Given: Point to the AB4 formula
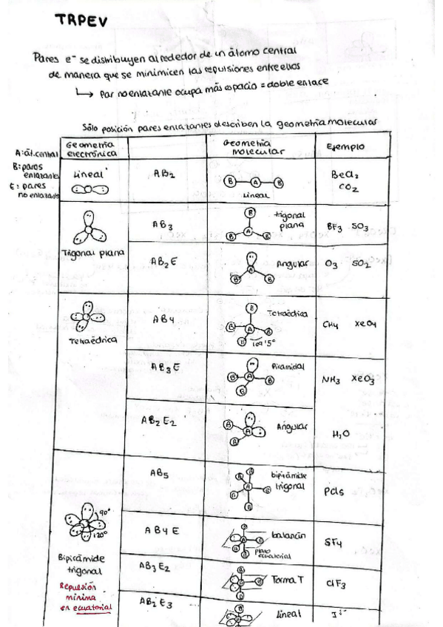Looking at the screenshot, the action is click(x=163, y=320).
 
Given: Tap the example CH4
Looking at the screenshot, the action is click(x=331, y=324).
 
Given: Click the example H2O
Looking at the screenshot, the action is click(x=340, y=435).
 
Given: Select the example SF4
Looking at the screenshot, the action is click(x=334, y=543).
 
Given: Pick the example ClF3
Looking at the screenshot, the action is click(x=336, y=583).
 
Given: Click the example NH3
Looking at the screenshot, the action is click(x=331, y=380).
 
